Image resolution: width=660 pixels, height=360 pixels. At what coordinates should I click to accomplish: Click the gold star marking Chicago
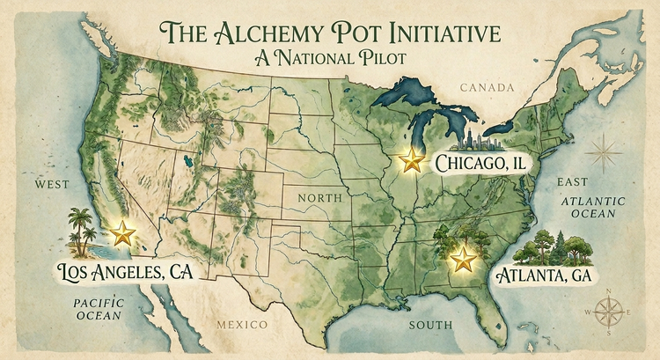tap(411, 160)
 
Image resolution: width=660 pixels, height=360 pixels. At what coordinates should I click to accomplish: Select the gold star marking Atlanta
tap(460, 259)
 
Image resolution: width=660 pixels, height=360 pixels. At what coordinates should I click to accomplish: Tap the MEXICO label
tap(242, 326)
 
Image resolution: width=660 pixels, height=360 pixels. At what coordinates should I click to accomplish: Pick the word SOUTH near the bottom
tap(431, 326)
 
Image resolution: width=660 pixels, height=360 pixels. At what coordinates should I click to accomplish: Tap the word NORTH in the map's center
tap(319, 198)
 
